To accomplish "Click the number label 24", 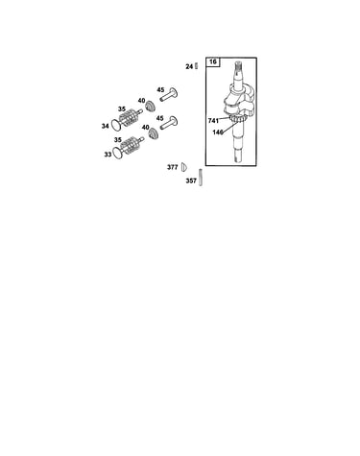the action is click(189, 66).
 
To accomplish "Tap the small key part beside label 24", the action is click(197, 66).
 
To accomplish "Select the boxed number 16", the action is click(213, 61).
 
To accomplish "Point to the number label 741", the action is click(213, 121).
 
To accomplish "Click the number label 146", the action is click(218, 132).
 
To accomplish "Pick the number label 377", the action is click(173, 167).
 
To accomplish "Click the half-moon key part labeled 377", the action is click(183, 167).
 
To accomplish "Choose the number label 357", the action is click(191, 180).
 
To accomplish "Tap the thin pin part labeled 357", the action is click(201, 177).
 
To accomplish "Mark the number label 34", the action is click(105, 127).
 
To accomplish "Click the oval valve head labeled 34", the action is click(115, 125).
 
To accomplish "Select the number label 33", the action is click(108, 155).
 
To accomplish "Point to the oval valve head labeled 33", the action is click(118, 153).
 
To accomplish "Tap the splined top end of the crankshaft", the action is click(238, 66).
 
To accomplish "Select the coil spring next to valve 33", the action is click(131, 146).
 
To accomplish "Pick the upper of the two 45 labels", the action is click(160, 90).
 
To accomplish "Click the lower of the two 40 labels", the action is click(146, 128).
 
